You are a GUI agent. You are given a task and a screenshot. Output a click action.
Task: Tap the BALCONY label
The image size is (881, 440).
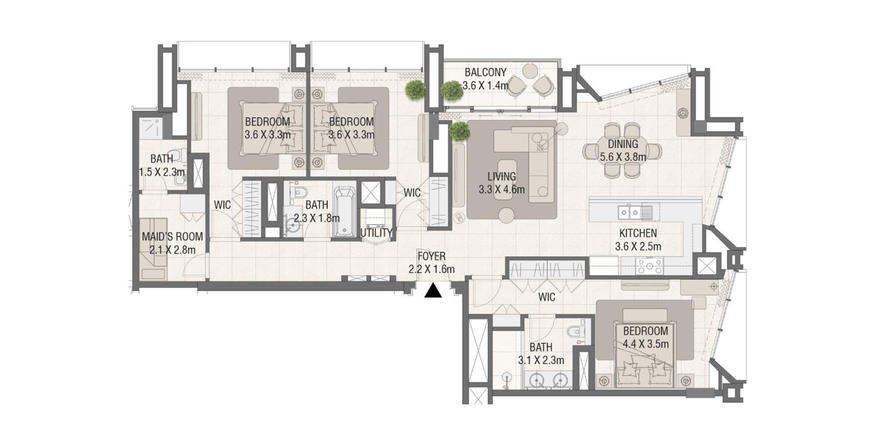(x=485, y=72)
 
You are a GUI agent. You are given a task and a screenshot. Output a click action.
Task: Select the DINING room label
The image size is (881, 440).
(x=623, y=144)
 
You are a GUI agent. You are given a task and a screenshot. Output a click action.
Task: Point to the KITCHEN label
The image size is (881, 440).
(x=638, y=233)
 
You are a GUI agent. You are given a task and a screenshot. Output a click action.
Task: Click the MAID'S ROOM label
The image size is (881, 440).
(x=172, y=236)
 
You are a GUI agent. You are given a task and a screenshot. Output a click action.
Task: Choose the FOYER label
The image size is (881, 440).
(x=432, y=256)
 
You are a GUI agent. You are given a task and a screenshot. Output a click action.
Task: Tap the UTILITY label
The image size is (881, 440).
(x=376, y=233)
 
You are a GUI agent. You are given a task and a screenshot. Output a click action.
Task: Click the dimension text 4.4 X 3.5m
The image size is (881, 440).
(x=646, y=344)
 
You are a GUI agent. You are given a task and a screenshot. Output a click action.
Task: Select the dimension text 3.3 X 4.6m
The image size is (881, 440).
(x=502, y=189)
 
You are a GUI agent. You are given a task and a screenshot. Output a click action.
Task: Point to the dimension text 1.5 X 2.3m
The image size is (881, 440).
(x=162, y=172)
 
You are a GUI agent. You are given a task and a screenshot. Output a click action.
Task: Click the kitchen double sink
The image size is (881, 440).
(x=629, y=212)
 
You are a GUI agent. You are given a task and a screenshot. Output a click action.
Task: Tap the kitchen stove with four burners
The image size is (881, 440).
(x=650, y=266)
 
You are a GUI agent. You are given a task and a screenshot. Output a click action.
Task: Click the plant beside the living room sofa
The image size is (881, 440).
(x=459, y=131)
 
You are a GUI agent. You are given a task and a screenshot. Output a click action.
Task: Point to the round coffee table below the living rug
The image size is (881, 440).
(x=506, y=215)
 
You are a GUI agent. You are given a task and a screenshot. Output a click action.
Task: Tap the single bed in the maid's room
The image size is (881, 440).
(x=154, y=249)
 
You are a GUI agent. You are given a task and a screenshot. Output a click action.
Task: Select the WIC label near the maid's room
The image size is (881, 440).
(x=222, y=205)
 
